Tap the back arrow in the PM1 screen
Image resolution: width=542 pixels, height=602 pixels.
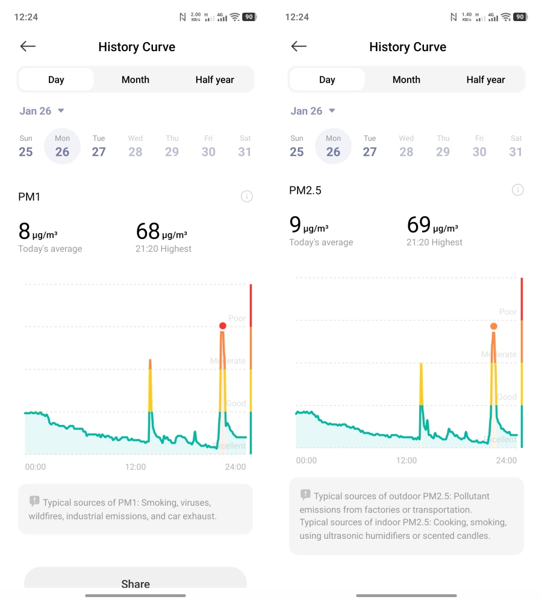pos(28,46)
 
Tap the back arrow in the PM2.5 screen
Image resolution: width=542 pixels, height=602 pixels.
pos(299,46)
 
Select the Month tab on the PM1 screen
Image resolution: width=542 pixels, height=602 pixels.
pos(135,79)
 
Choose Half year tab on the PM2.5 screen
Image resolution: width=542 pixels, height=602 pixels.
pos(485,79)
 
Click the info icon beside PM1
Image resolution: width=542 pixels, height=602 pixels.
pos(246,196)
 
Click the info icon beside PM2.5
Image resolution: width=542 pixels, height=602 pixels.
pos(517,190)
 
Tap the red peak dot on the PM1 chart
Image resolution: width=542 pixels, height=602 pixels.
pos(223,326)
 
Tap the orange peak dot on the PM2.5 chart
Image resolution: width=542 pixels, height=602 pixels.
pos(494,326)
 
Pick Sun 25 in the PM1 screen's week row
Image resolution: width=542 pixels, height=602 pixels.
pos(26,146)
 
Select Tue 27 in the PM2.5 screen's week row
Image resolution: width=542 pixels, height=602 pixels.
pos(370,146)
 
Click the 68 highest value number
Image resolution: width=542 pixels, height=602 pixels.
pos(148,231)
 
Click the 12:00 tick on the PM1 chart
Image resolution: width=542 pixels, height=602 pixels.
pos(135,467)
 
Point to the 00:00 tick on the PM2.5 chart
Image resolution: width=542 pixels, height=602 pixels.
pos(306,461)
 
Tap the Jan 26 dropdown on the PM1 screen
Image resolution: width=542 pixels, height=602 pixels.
pos(42,111)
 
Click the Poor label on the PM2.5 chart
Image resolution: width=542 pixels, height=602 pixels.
pos(508,312)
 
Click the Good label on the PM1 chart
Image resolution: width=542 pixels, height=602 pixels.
pos(235,403)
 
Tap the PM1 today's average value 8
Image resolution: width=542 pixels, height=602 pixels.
pos(24,231)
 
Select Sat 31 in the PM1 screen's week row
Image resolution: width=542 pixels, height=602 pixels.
pos(245,146)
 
